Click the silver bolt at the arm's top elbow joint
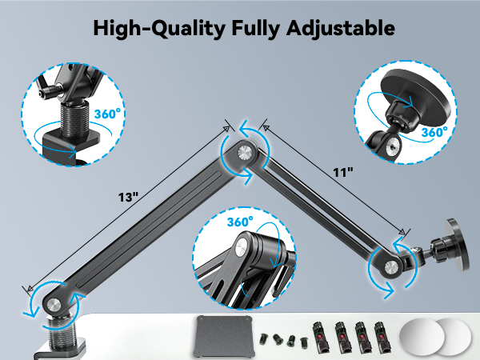(242, 149)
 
